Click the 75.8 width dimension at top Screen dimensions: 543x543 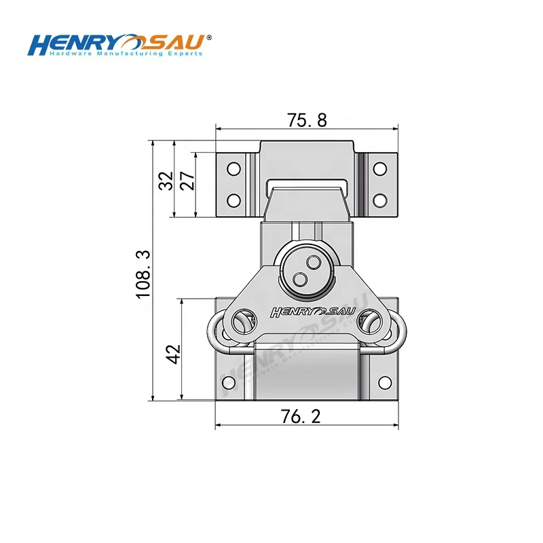[307, 120]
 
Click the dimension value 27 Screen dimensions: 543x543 [187, 181]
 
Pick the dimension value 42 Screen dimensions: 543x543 [173, 354]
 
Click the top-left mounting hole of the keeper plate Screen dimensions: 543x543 [233, 168]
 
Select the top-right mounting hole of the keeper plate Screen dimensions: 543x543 [380, 168]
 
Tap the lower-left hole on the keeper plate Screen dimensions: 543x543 [233, 200]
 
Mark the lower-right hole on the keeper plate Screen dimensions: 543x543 [380, 200]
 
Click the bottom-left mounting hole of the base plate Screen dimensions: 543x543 [229, 382]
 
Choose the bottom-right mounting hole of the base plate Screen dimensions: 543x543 [383, 382]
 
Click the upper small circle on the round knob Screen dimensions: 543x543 [313, 261]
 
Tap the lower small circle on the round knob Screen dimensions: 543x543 [299, 278]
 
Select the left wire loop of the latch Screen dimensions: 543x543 [216, 331]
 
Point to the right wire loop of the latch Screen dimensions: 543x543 [397, 331]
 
